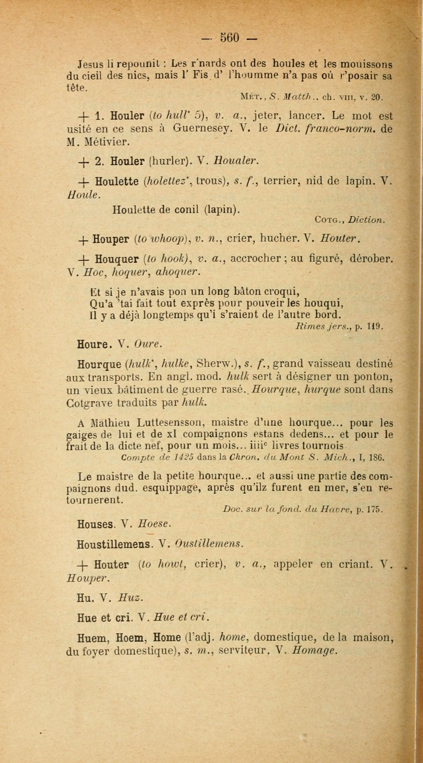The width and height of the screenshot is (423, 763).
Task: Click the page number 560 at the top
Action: (x=229, y=38)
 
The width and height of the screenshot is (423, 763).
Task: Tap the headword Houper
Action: (x=110, y=239)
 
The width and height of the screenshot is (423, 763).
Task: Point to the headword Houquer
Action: (x=117, y=259)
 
